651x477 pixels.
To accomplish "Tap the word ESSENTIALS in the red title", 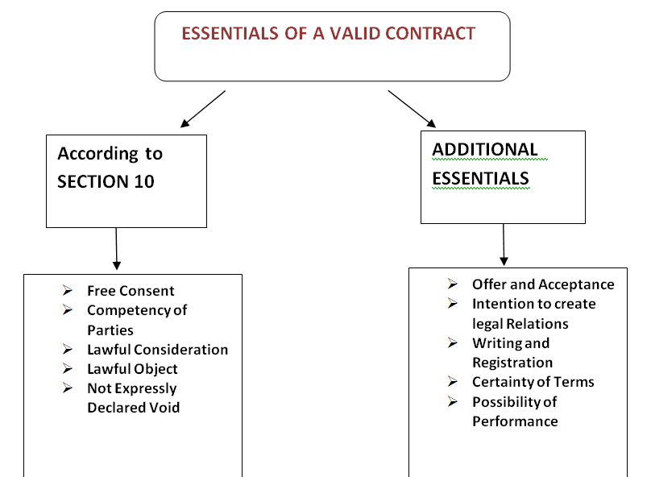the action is pyautogui.click(x=230, y=34).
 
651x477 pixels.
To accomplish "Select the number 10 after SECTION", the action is pyautogui.click(x=144, y=182).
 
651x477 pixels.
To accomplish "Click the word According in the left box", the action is pyautogui.click(x=98, y=154).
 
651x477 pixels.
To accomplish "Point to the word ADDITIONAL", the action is pyautogui.click(x=485, y=149).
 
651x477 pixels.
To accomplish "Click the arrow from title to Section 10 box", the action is pyautogui.click(x=203, y=109).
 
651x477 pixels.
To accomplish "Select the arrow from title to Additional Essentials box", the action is pyautogui.click(x=412, y=109).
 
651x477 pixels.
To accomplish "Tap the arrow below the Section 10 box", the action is pyautogui.click(x=116, y=249).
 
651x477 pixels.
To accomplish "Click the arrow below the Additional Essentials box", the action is pyautogui.click(x=504, y=244).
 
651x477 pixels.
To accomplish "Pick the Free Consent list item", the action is pyautogui.click(x=131, y=291).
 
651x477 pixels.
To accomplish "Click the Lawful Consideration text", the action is pyautogui.click(x=158, y=350).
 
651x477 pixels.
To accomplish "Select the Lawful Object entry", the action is pyautogui.click(x=132, y=369).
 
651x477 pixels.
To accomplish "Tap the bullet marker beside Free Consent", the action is pyautogui.click(x=68, y=290).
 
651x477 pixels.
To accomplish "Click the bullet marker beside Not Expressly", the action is pyautogui.click(x=68, y=388).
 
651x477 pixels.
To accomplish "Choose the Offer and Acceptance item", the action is pyautogui.click(x=544, y=284).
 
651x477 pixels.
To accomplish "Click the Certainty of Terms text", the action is pyautogui.click(x=533, y=382).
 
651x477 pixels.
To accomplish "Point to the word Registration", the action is pyautogui.click(x=512, y=363).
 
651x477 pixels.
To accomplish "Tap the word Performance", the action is pyautogui.click(x=515, y=421).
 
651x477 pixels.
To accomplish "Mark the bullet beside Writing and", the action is pyautogui.click(x=453, y=342).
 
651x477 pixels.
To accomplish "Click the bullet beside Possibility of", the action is pyautogui.click(x=453, y=401).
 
